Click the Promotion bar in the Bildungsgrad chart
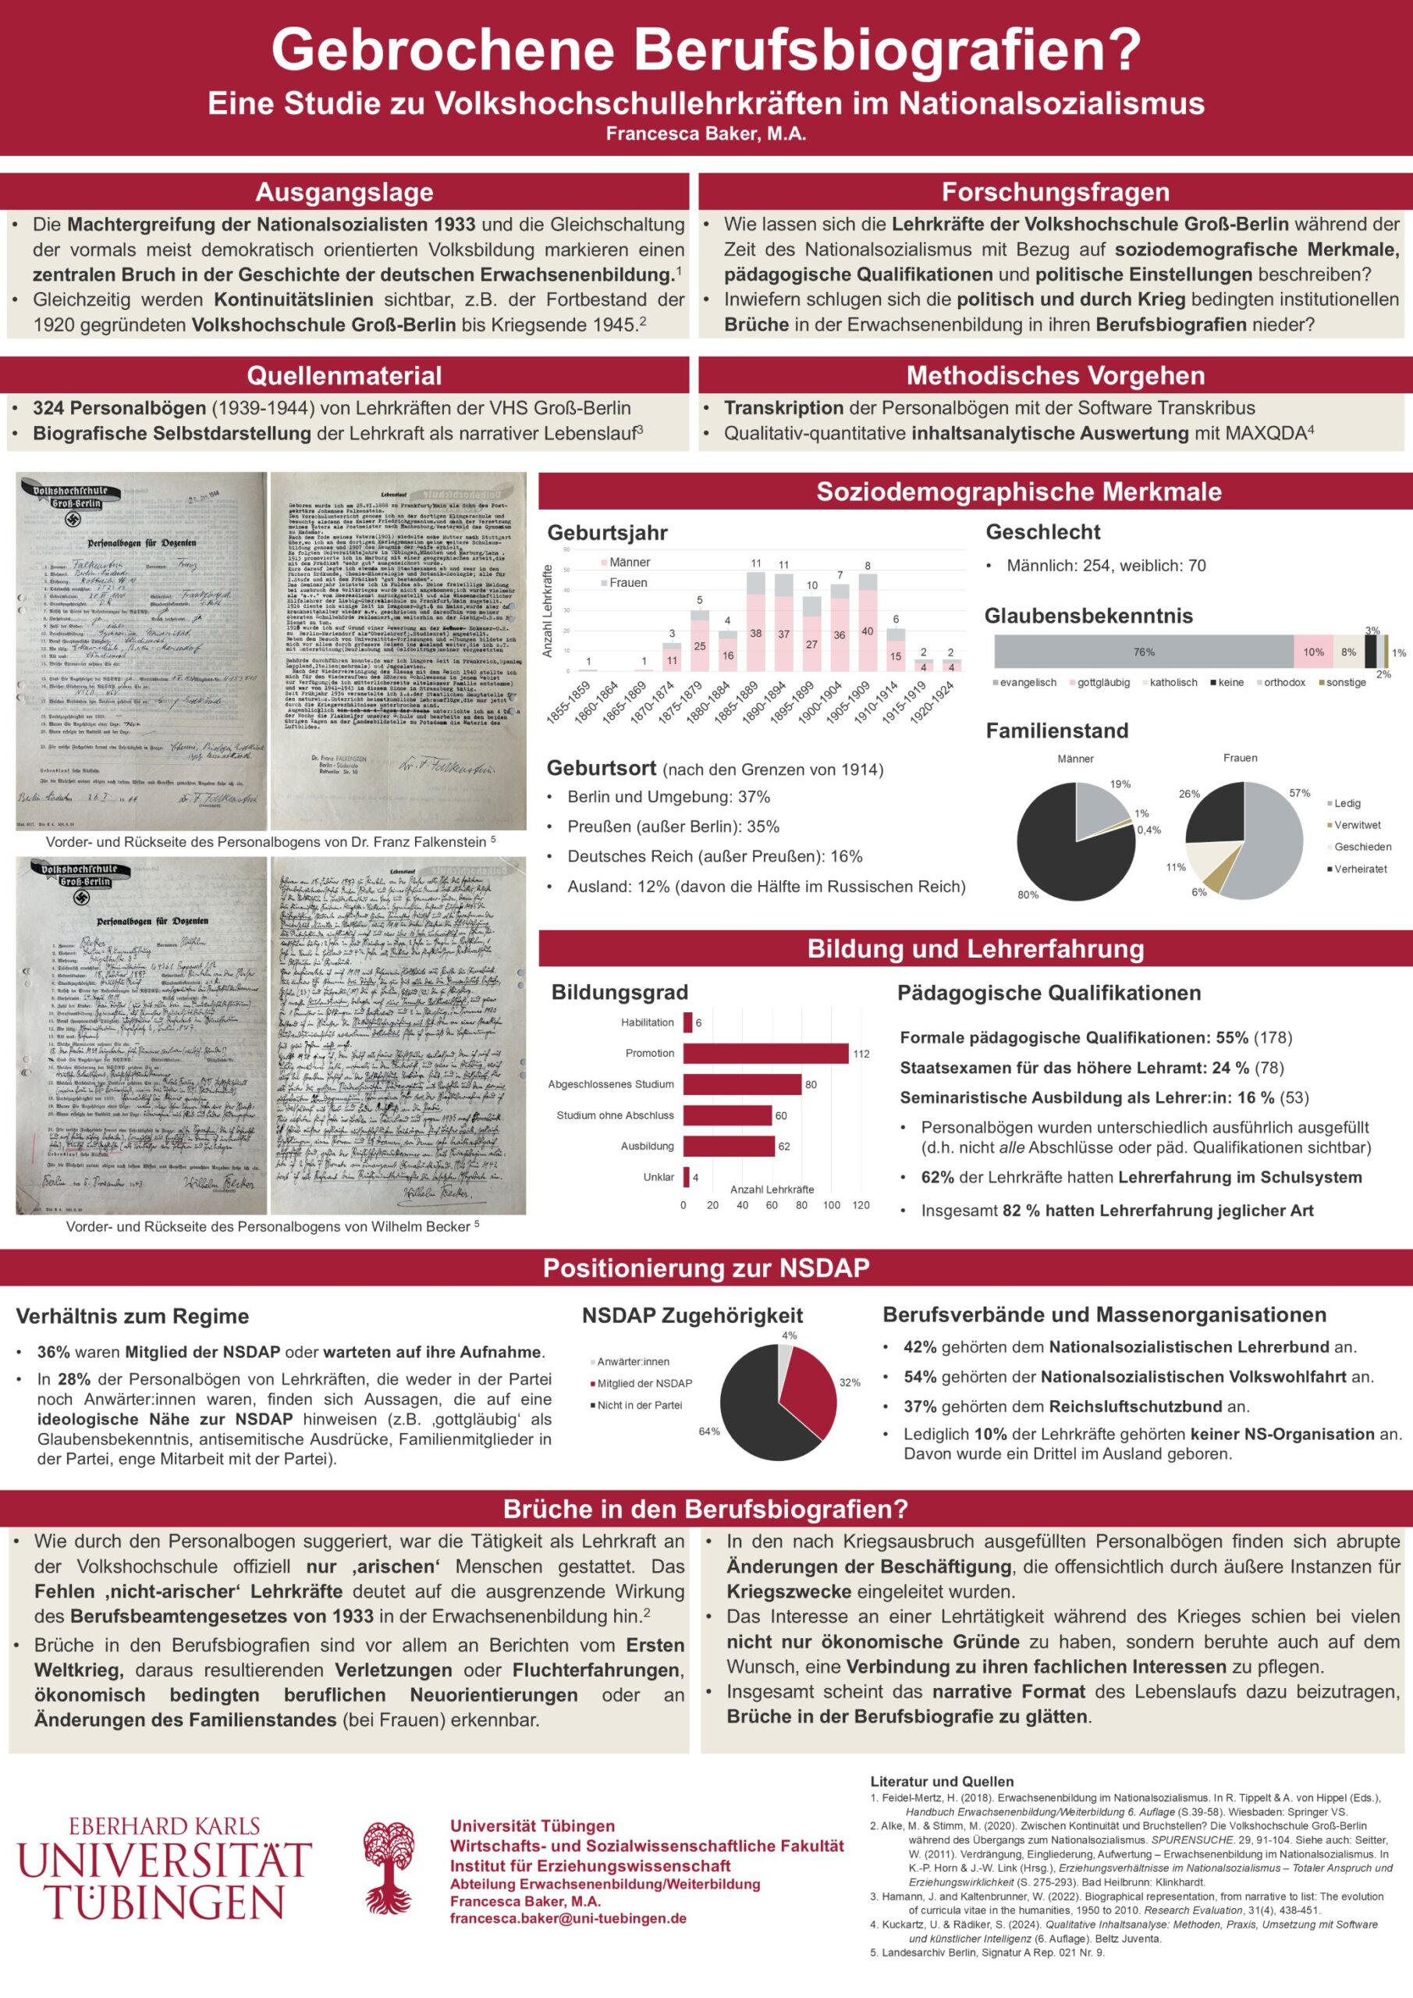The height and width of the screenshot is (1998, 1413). tap(765, 1053)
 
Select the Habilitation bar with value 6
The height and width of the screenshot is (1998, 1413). tap(687, 1022)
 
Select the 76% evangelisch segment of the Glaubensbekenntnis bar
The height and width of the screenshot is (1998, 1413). tap(1143, 652)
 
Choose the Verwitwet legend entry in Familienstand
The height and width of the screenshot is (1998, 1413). tap(1357, 825)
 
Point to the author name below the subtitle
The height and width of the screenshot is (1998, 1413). tap(705, 134)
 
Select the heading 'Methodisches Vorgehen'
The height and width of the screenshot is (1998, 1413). tap(1055, 376)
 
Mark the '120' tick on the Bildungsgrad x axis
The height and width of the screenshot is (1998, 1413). tap(861, 1205)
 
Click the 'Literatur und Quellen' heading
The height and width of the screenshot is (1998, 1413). tap(942, 1781)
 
